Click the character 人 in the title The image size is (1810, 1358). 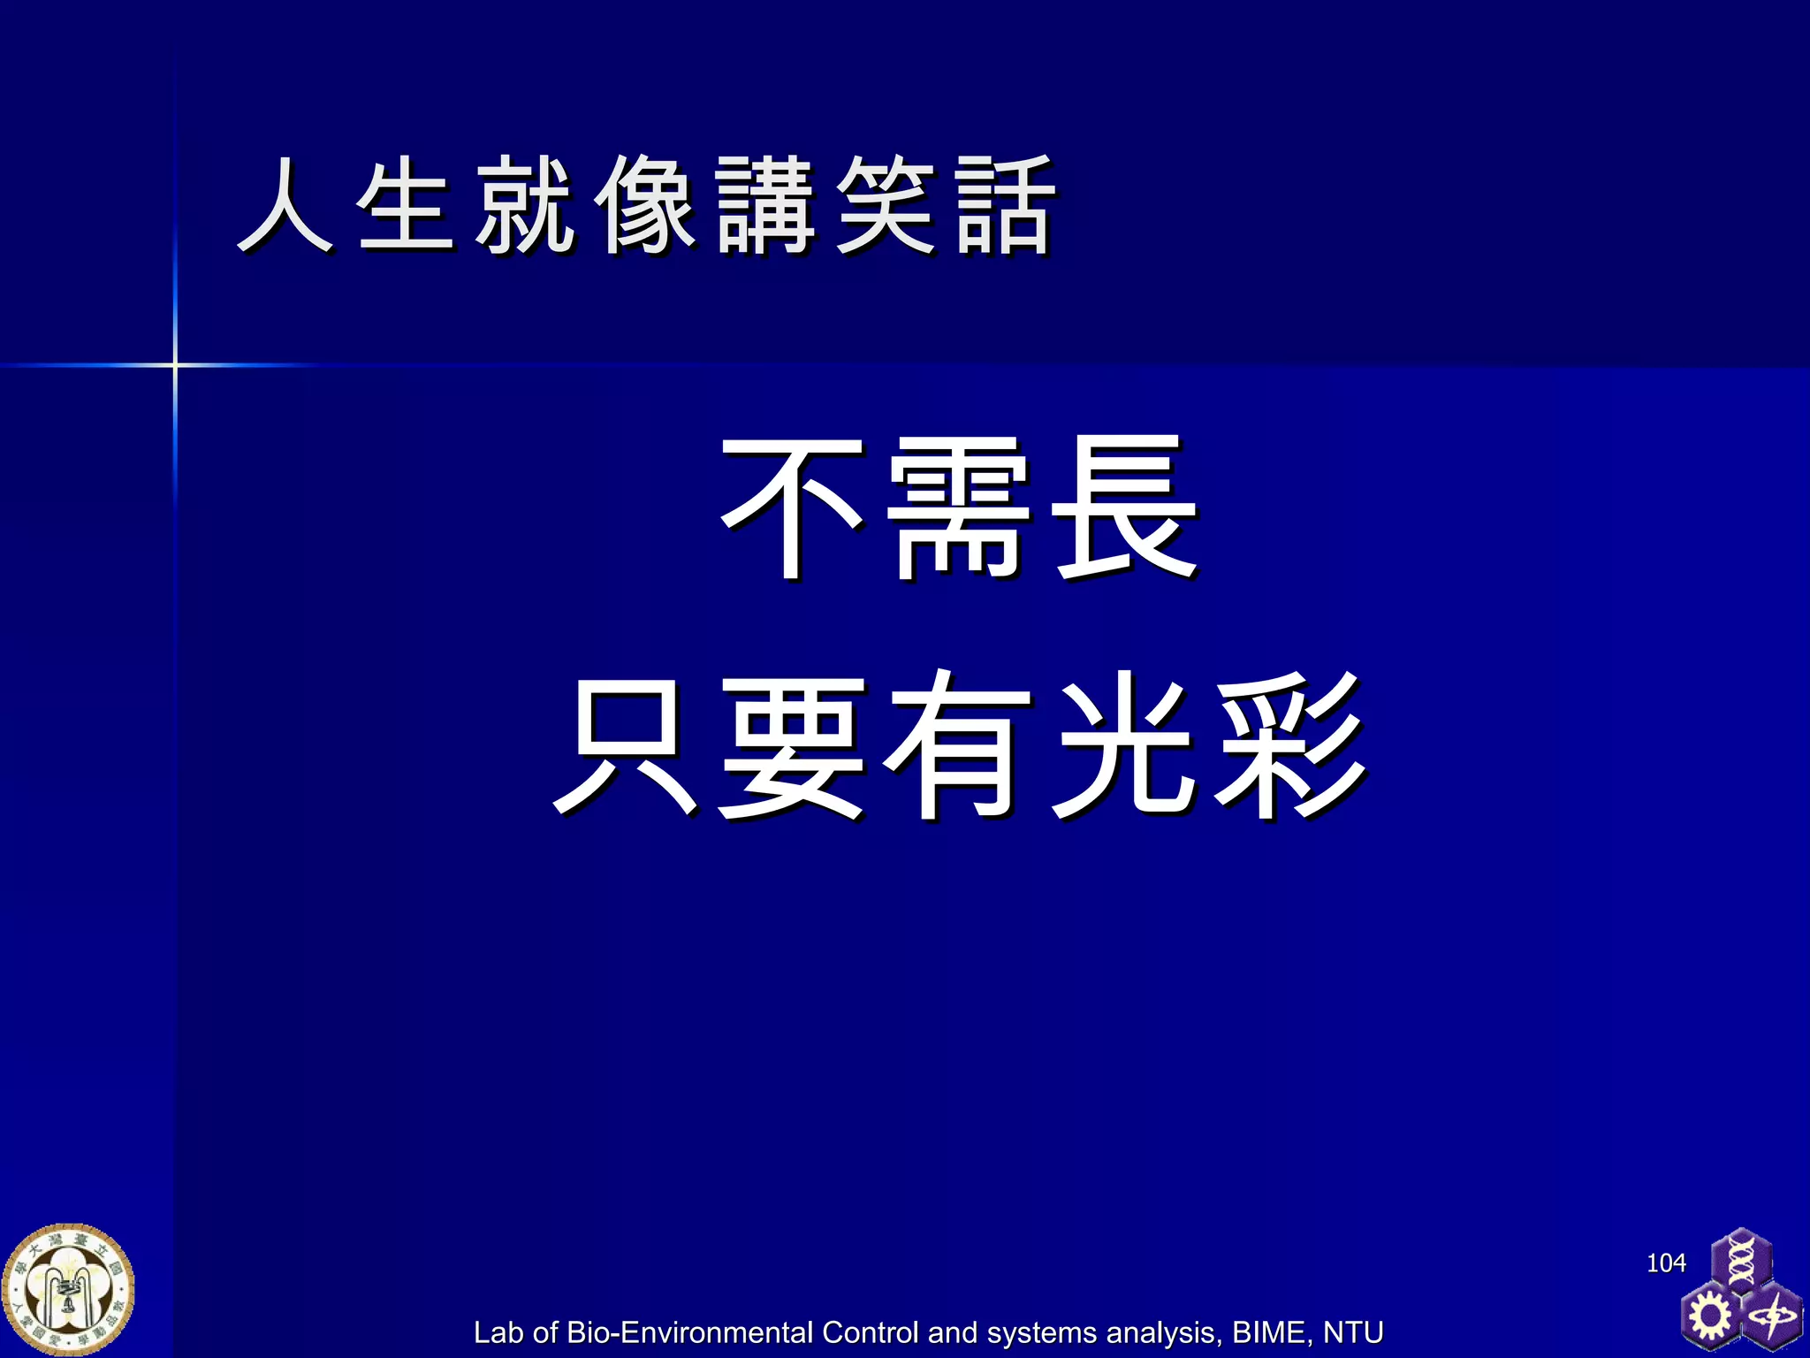coord(285,205)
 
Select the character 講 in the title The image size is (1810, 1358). coord(765,205)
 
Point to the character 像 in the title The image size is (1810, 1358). coord(645,205)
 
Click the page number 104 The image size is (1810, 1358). coord(1666,1263)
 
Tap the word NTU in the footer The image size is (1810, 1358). coord(1352,1332)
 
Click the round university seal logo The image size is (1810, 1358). coord(68,1290)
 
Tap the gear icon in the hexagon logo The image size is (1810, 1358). coord(1710,1316)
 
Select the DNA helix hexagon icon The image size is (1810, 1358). coord(1741,1260)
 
